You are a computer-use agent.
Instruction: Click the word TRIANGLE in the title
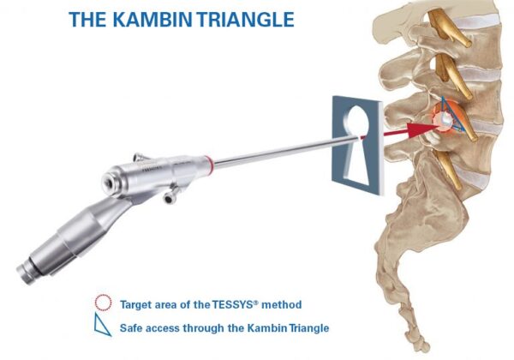(242, 19)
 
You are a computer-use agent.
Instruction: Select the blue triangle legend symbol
(104, 327)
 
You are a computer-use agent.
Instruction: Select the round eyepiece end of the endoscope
(111, 182)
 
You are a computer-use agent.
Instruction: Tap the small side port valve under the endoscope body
(170, 199)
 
